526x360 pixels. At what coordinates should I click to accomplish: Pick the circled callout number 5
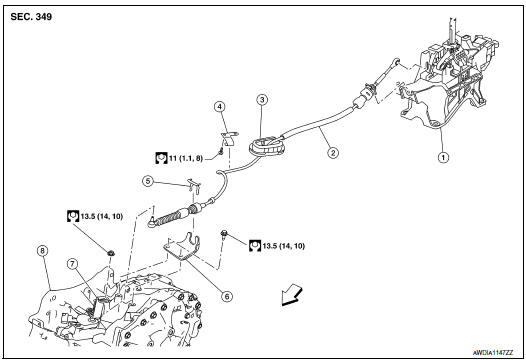pos(147,181)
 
